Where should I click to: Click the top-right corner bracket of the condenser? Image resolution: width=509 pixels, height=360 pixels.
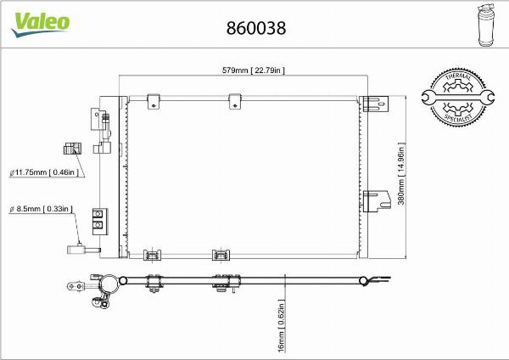pyautogui.click(x=372, y=104)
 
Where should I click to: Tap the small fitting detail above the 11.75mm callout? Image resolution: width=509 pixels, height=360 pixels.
pyautogui.click(x=70, y=149)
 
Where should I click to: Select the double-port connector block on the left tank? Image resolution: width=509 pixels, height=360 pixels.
pyautogui.click(x=99, y=220)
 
